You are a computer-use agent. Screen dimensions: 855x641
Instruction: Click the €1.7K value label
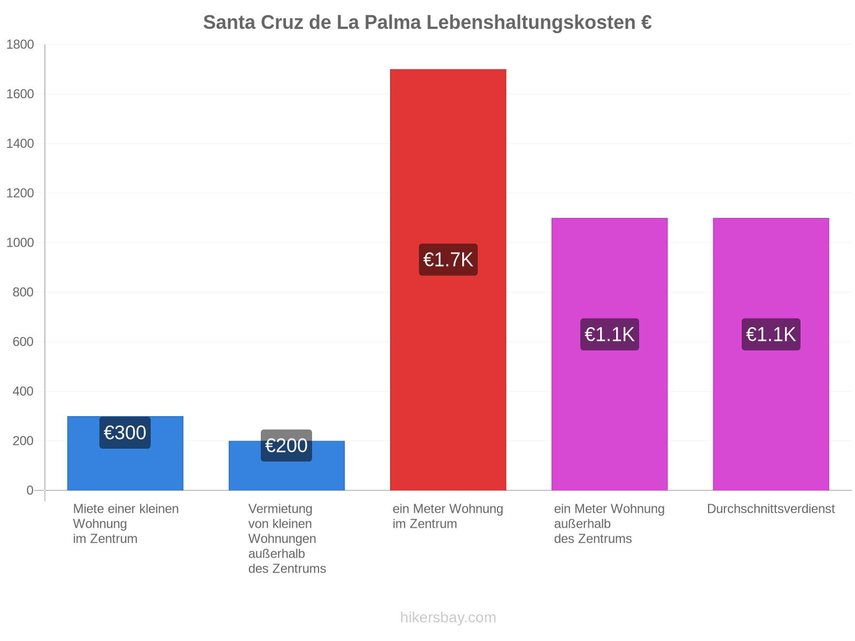pyautogui.click(x=448, y=260)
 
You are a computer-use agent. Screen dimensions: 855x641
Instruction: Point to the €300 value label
pyautogui.click(x=125, y=433)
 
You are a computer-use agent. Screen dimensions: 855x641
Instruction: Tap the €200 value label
pyautogui.click(x=286, y=445)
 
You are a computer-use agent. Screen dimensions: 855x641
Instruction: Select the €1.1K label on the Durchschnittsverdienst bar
pyautogui.click(x=771, y=334)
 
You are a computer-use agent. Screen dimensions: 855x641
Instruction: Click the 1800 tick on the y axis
pyautogui.click(x=20, y=44)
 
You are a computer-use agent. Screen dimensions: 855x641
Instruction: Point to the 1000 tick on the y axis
pyautogui.click(x=20, y=243)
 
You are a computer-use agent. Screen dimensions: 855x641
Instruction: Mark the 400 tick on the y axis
pyautogui.click(x=24, y=391)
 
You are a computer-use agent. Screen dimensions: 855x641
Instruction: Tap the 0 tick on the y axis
pyautogui.click(x=30, y=490)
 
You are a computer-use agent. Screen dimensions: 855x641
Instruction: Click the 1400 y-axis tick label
pyautogui.click(x=20, y=144)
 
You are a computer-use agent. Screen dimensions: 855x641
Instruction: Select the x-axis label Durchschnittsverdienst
pyautogui.click(x=771, y=509)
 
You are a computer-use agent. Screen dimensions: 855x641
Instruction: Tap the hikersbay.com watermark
pyautogui.click(x=448, y=617)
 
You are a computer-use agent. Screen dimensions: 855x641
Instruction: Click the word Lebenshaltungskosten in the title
pyautogui.click(x=531, y=22)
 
